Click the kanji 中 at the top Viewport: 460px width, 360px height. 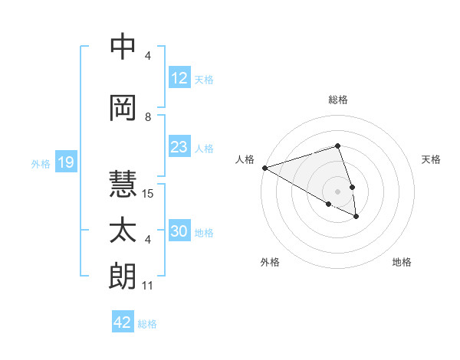click(x=123, y=47)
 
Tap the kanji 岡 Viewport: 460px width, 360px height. click(x=123, y=108)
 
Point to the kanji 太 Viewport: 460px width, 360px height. click(x=123, y=231)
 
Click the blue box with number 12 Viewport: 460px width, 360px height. click(x=179, y=78)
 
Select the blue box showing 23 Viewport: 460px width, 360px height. click(x=179, y=147)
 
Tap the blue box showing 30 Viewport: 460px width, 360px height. click(x=179, y=232)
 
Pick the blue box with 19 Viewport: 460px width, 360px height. click(x=65, y=162)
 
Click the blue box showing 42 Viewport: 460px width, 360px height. click(x=123, y=322)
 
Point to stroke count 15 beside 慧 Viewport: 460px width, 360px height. click(x=148, y=194)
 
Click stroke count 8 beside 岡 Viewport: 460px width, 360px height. click(x=148, y=117)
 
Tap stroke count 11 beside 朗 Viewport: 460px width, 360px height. click(x=148, y=286)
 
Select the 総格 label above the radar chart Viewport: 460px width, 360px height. click(x=337, y=100)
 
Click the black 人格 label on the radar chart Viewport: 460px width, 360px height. click(x=245, y=159)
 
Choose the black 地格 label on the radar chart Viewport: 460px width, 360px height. click(x=402, y=262)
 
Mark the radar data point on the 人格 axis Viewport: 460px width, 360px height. click(x=264, y=168)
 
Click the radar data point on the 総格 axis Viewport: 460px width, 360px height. click(x=337, y=146)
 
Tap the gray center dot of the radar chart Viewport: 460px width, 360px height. click(x=337, y=191)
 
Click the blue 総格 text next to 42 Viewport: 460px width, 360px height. click(x=147, y=324)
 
